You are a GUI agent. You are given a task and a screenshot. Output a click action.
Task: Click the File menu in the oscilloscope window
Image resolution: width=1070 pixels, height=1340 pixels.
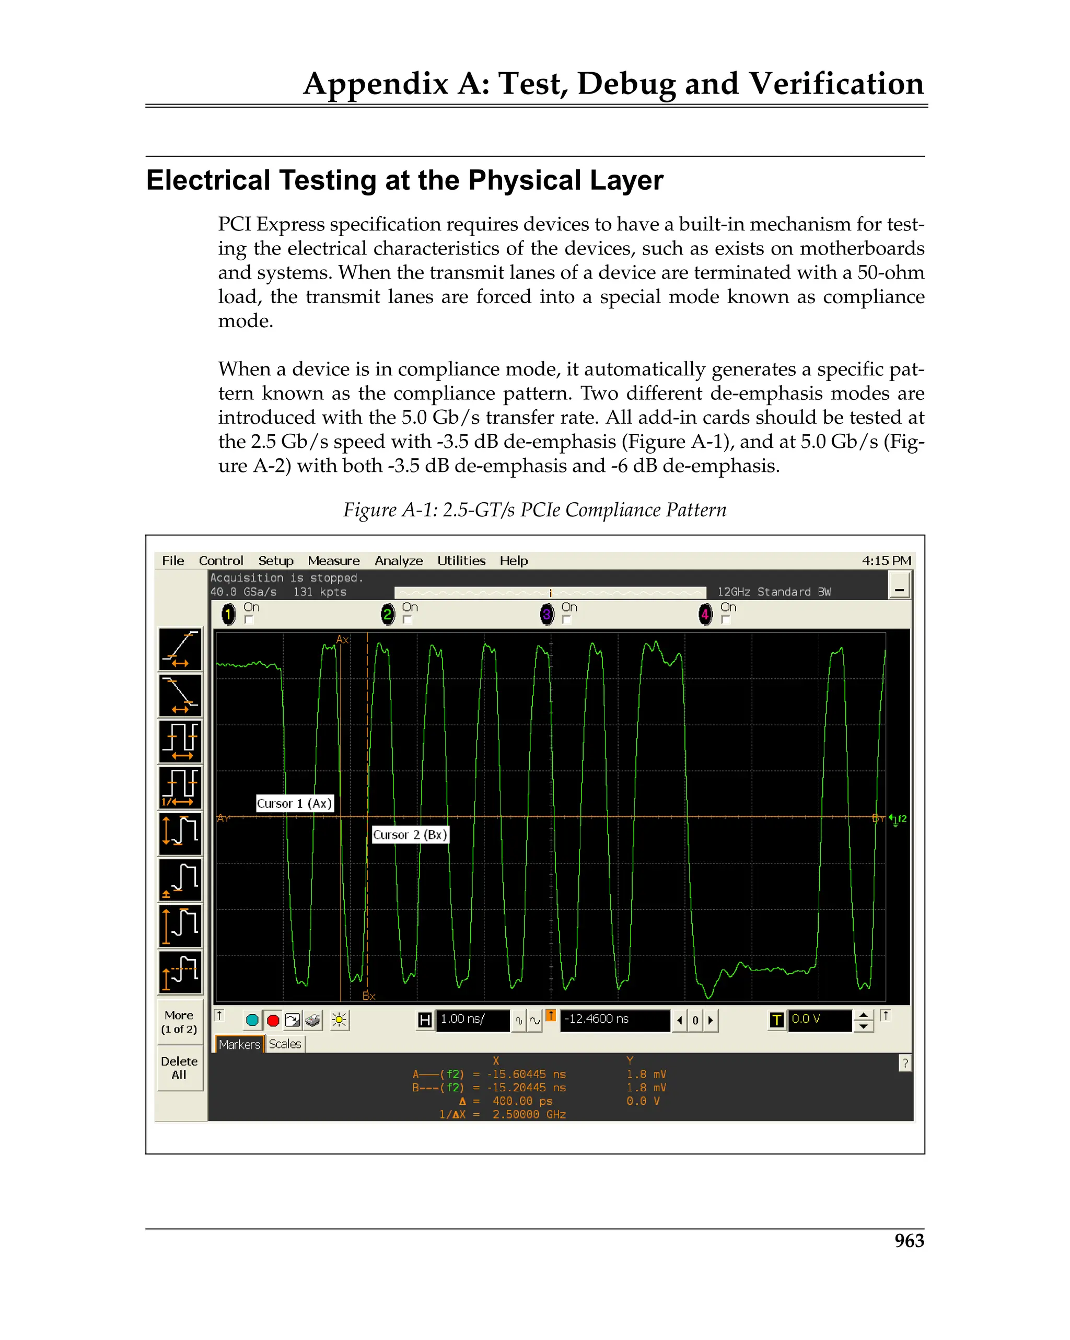click(x=173, y=561)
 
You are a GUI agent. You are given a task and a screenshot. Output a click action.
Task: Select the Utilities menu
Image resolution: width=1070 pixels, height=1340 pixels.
click(x=461, y=561)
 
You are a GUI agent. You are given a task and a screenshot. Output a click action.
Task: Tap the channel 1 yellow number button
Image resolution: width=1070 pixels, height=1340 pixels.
click(x=228, y=615)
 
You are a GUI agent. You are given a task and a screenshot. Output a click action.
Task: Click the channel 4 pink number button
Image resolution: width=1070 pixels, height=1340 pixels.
click(x=705, y=615)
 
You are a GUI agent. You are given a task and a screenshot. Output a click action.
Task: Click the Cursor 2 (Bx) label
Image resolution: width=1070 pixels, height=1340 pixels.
click(x=410, y=835)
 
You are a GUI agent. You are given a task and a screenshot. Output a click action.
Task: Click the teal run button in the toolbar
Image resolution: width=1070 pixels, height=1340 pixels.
click(x=252, y=1020)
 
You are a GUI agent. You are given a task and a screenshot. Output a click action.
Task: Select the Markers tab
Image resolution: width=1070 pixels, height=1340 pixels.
click(x=239, y=1044)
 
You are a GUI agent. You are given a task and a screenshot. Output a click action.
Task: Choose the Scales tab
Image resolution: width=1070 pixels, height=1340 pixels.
click(x=285, y=1044)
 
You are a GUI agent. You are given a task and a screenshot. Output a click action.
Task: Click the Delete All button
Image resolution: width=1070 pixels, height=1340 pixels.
click(x=179, y=1068)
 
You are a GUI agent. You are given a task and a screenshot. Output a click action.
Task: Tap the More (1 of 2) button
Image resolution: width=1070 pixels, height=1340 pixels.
click(x=179, y=1022)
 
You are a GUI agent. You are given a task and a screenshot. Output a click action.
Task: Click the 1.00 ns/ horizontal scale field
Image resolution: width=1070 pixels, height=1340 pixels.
click(x=472, y=1019)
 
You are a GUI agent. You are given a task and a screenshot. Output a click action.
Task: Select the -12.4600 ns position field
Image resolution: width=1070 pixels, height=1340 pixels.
click(x=614, y=1019)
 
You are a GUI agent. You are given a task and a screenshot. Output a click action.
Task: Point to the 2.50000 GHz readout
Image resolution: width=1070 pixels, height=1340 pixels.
click(x=529, y=1114)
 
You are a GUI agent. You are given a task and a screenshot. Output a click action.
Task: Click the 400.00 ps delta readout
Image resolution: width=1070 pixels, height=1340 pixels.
click(x=522, y=1101)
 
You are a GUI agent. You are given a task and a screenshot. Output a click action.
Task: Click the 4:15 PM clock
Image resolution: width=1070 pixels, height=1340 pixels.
click(x=886, y=561)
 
